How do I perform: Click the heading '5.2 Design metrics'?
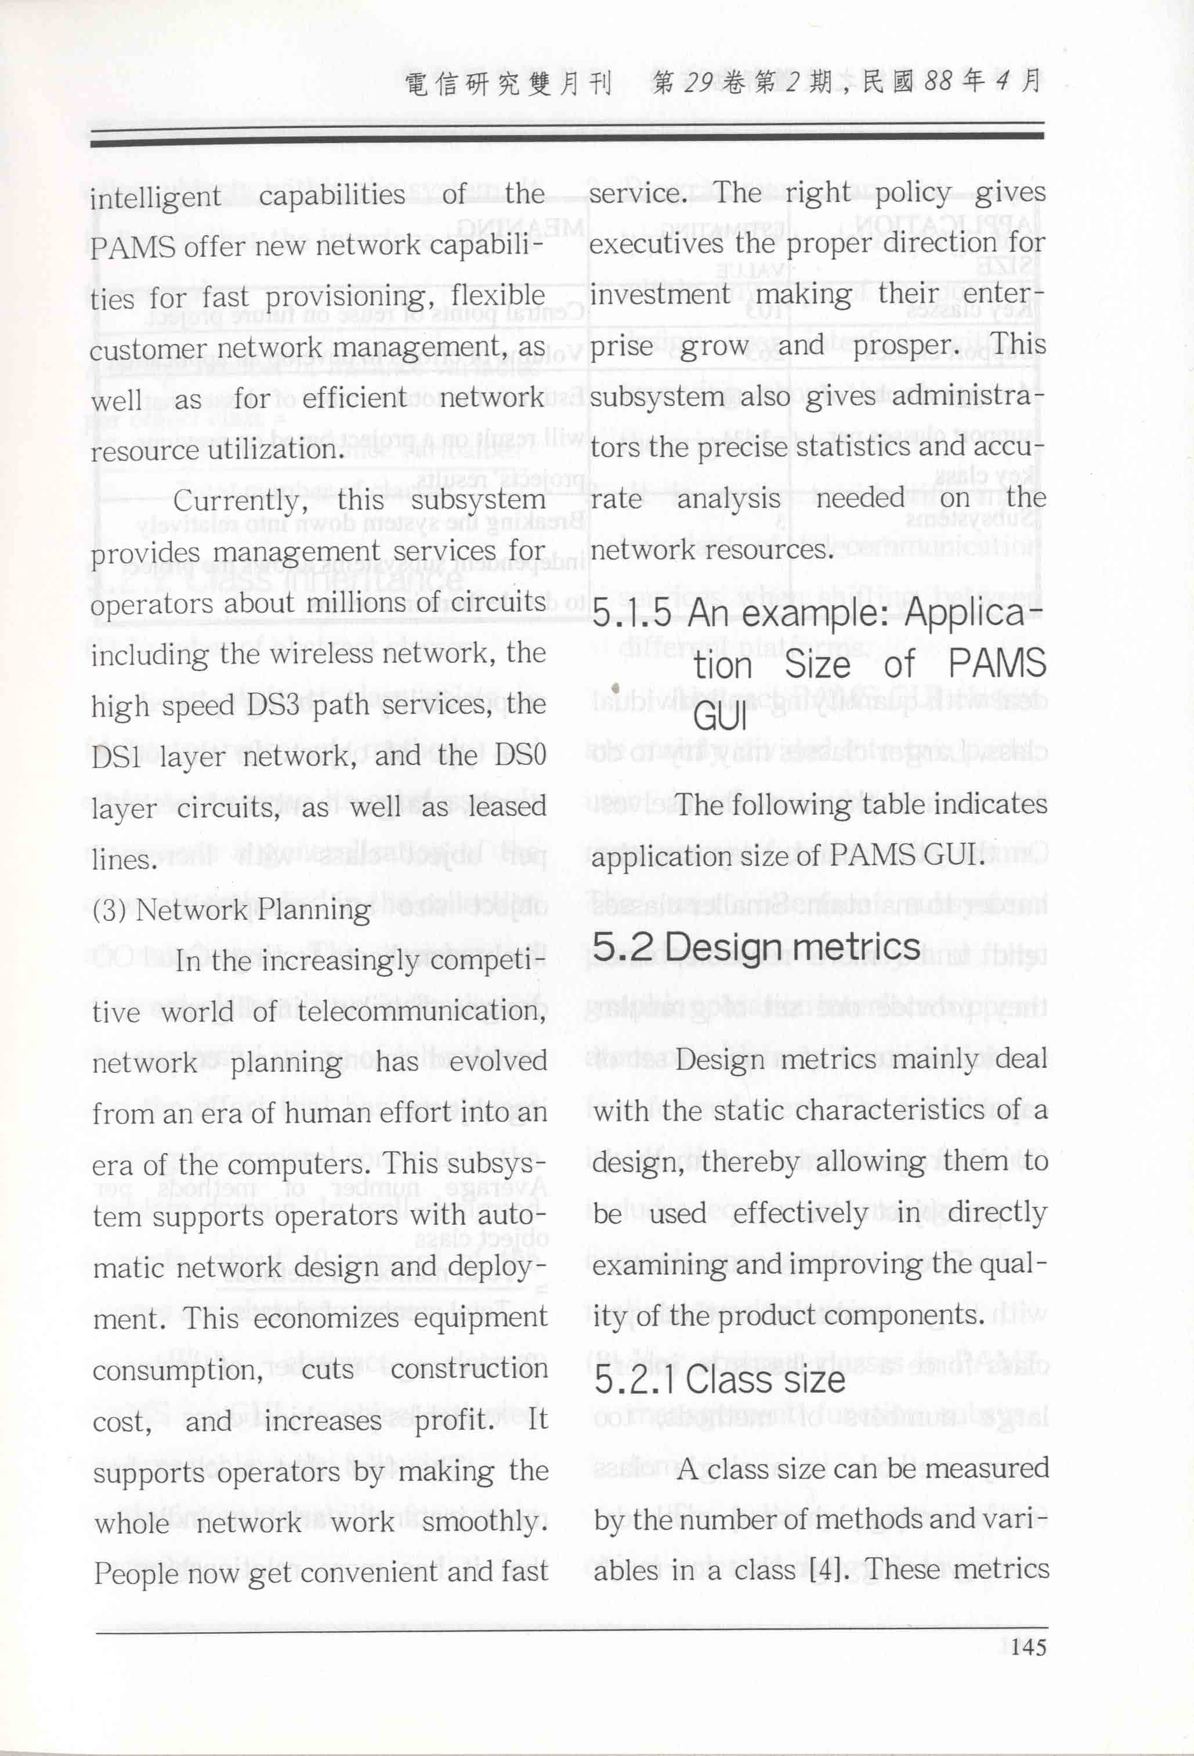(756, 948)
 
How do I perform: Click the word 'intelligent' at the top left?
(155, 197)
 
